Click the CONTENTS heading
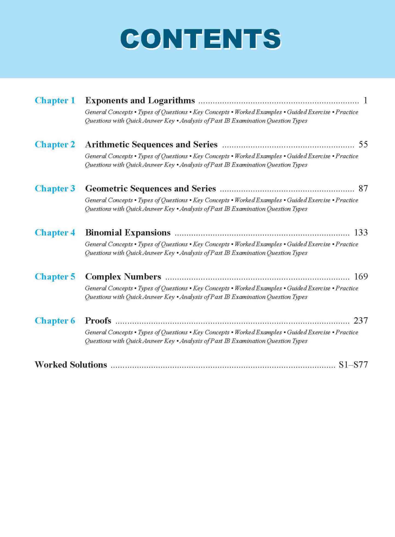[200, 39]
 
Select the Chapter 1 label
[55, 101]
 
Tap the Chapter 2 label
[55, 144]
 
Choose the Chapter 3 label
[55, 188]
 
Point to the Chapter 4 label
[55, 232]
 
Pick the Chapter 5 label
[55, 277]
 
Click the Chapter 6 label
[55, 321]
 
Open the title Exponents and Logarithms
[140, 101]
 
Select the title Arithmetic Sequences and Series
[151, 144]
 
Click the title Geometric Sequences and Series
[150, 188]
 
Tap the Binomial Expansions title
[128, 232]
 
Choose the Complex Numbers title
[123, 277]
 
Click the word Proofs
[98, 321]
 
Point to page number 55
[363, 144]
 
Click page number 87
[363, 188]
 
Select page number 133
[361, 232]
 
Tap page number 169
[361, 277]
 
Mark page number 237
[361, 321]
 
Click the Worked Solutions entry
[71, 365]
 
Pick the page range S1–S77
[353, 365]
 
